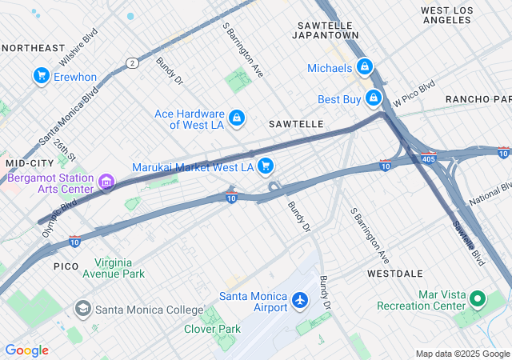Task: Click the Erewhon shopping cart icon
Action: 41,76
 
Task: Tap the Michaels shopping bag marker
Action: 364,67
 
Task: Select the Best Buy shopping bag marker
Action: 373,98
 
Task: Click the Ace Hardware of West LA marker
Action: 237,118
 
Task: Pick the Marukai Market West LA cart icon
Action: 266,166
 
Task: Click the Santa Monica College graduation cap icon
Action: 82,309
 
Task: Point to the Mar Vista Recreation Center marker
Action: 478,300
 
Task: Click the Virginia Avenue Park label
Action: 119,268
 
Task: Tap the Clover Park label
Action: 212,329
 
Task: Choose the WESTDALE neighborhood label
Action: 394,273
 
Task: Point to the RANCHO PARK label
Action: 478,98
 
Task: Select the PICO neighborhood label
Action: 66,265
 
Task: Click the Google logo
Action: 26,350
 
